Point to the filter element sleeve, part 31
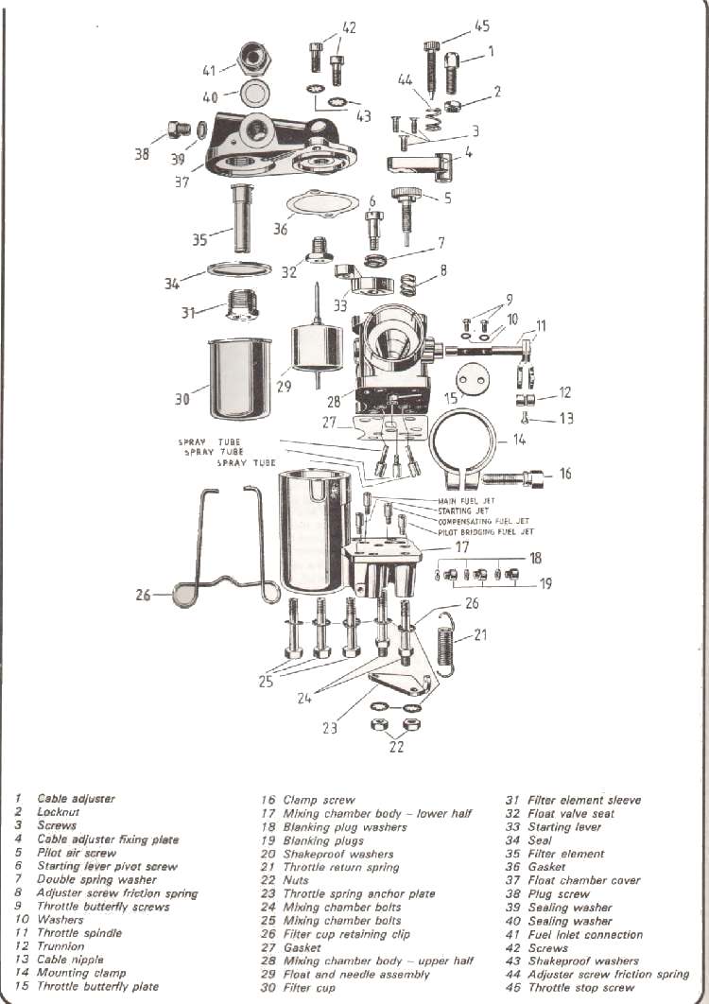(234, 303)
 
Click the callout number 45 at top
(482, 26)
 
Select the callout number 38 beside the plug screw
(142, 154)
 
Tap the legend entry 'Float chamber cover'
(583, 880)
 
